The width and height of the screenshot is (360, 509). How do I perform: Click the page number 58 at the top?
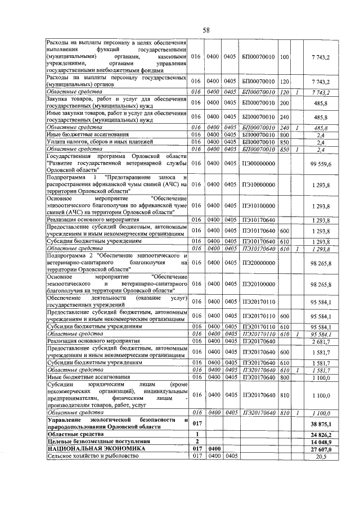206,30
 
